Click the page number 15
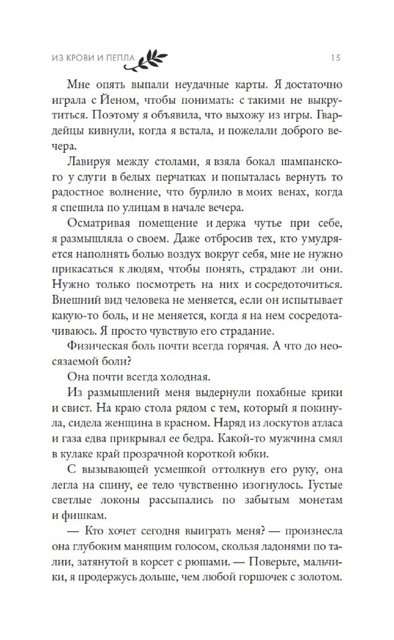click(x=335, y=58)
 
